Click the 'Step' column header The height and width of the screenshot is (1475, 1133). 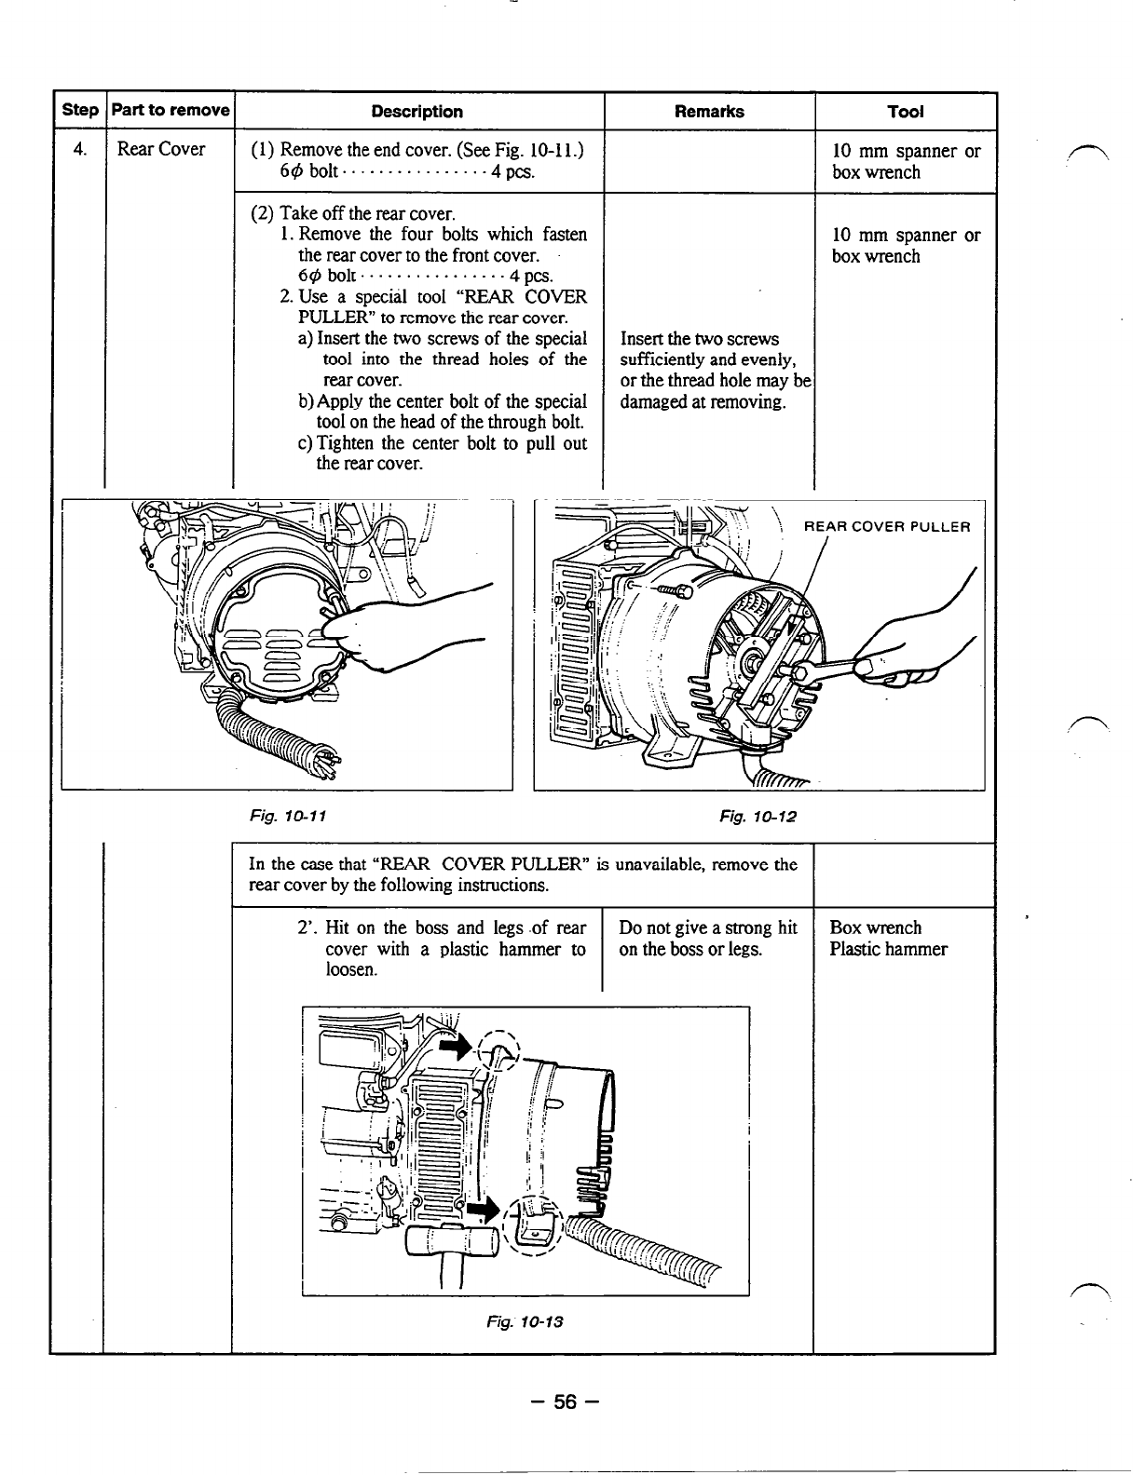tap(79, 111)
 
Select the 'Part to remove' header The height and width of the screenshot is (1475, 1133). tap(170, 111)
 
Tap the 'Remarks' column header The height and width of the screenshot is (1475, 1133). tap(709, 112)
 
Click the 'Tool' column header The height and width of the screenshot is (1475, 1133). tap(906, 112)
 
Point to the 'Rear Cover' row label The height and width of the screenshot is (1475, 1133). tap(161, 150)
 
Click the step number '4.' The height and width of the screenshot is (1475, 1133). tap(80, 150)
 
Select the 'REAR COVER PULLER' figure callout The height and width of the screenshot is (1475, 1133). tap(887, 527)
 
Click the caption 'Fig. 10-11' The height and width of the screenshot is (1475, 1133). tap(287, 816)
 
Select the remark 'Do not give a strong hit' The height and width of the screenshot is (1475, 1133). tap(708, 928)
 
